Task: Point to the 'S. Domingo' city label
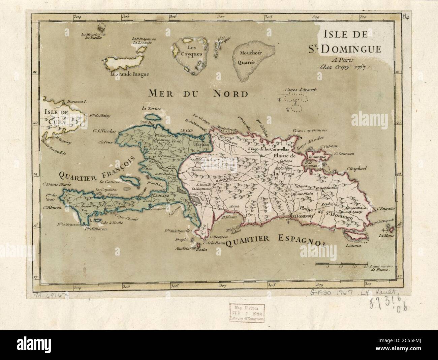coord(302,215)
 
